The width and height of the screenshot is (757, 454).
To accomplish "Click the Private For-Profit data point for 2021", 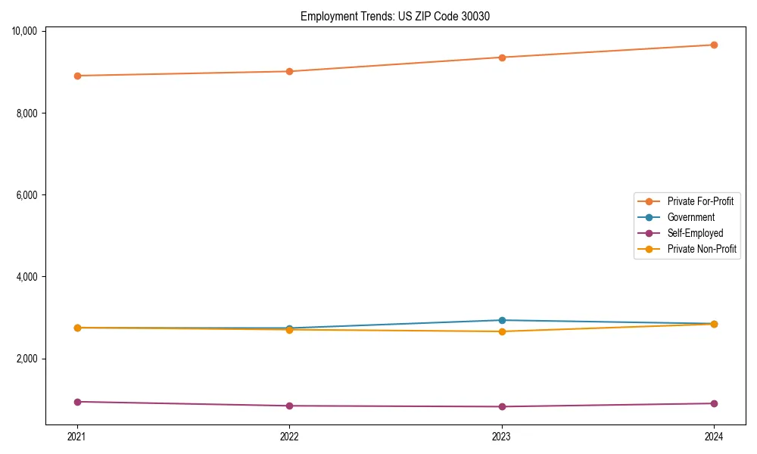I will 77,76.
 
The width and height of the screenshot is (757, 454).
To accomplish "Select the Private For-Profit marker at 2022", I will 289,71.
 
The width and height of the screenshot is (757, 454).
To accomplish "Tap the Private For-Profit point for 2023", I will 502,58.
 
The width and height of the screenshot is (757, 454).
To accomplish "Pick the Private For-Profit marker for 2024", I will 714,45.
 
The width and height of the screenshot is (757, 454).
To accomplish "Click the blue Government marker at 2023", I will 502,320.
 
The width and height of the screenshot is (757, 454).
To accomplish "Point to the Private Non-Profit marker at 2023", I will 502,331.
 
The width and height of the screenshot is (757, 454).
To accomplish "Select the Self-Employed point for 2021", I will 77,402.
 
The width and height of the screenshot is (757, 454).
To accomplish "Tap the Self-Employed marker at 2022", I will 289,406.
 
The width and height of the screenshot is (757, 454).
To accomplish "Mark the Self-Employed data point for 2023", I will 502,406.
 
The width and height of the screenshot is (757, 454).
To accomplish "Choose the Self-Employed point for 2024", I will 714,403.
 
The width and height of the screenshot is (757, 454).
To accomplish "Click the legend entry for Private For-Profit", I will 699,201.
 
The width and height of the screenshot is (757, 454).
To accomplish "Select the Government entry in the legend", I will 690,217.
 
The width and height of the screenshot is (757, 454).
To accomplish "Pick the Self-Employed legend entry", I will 695,233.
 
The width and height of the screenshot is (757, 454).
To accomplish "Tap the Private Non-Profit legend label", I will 702,249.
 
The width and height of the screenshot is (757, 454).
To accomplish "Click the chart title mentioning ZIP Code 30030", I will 394,16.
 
